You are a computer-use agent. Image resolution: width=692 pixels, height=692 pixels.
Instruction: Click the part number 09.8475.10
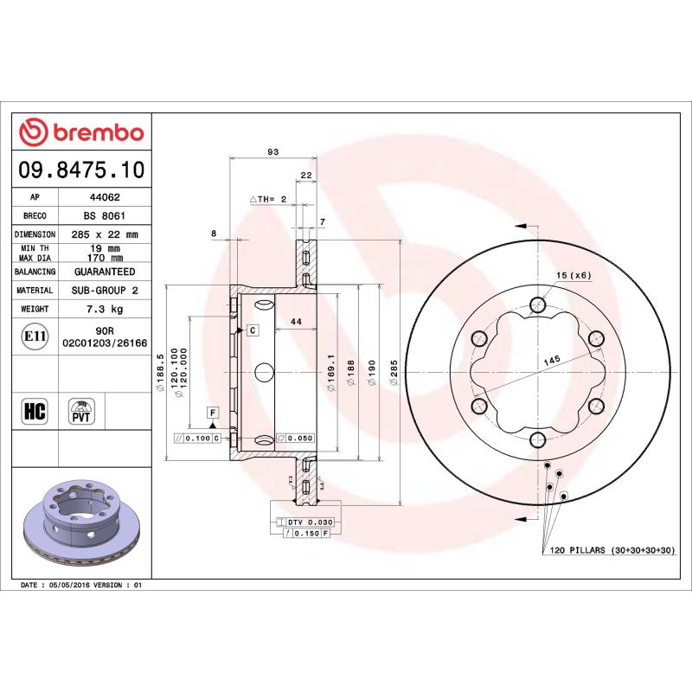(x=82, y=169)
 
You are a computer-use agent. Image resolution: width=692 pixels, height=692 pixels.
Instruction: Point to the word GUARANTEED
(x=104, y=272)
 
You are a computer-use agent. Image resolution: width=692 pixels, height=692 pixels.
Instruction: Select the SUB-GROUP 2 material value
(x=104, y=291)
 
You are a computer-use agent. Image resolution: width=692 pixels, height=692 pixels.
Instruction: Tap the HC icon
(x=33, y=411)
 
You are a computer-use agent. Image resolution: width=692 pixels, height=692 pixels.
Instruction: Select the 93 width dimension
(x=272, y=152)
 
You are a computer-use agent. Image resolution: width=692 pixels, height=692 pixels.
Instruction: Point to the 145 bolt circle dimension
(x=551, y=358)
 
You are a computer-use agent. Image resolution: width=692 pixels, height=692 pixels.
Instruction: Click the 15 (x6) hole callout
(x=573, y=275)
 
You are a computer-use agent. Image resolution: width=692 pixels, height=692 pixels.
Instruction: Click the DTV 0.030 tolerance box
(x=309, y=522)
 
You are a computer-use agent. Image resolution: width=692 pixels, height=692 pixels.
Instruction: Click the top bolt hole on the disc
(x=538, y=304)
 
